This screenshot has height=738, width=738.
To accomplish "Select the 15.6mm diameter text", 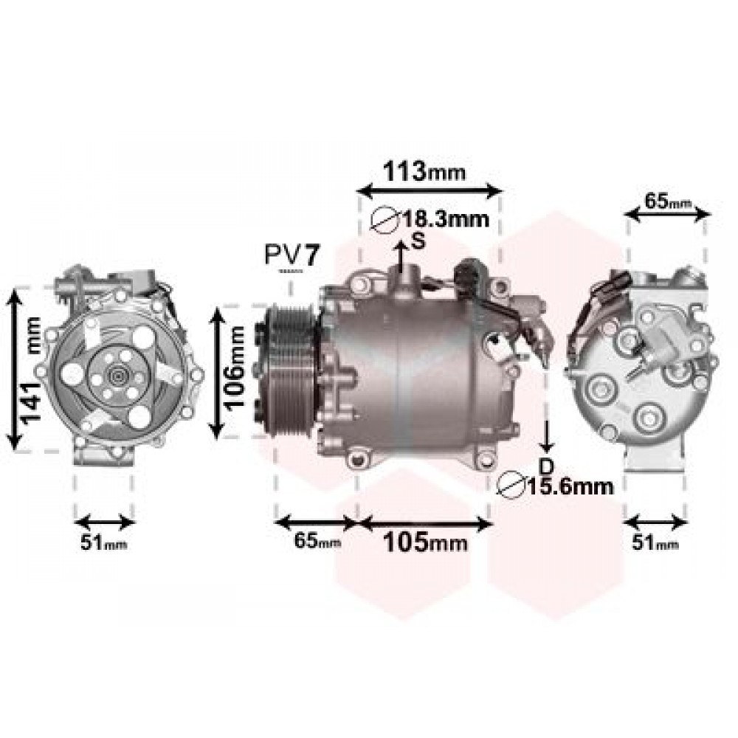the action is coord(570,486).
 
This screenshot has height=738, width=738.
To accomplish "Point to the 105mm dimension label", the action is coord(426,542).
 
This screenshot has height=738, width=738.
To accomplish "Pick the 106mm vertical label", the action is coord(234,367).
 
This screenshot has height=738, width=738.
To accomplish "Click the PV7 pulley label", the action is coord(292,255).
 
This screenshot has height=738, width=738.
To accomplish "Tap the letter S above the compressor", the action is coord(418,241).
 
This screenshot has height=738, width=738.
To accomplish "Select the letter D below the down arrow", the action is coord(546,466).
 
